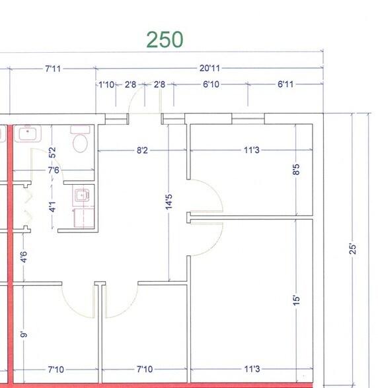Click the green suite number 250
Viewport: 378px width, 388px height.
(x=165, y=40)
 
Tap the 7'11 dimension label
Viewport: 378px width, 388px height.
(x=54, y=67)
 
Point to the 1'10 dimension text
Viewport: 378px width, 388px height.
(x=107, y=84)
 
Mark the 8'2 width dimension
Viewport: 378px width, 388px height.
(x=141, y=150)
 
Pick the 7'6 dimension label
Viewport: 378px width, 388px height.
(x=53, y=171)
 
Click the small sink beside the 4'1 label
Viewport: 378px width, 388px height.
(x=82, y=195)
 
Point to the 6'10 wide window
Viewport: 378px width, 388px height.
(x=209, y=118)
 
